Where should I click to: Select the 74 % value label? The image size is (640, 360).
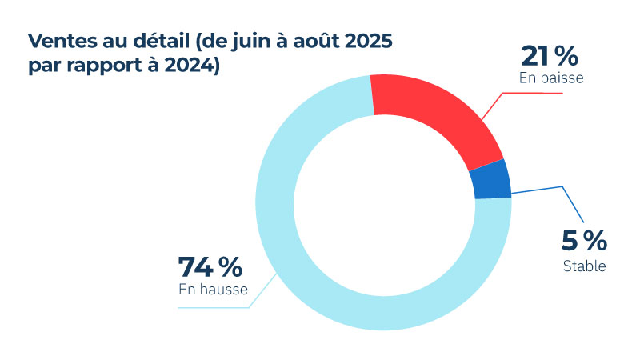click(x=210, y=266)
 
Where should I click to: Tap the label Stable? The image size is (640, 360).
click(x=584, y=266)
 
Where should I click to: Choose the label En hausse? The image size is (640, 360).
click(x=212, y=289)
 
